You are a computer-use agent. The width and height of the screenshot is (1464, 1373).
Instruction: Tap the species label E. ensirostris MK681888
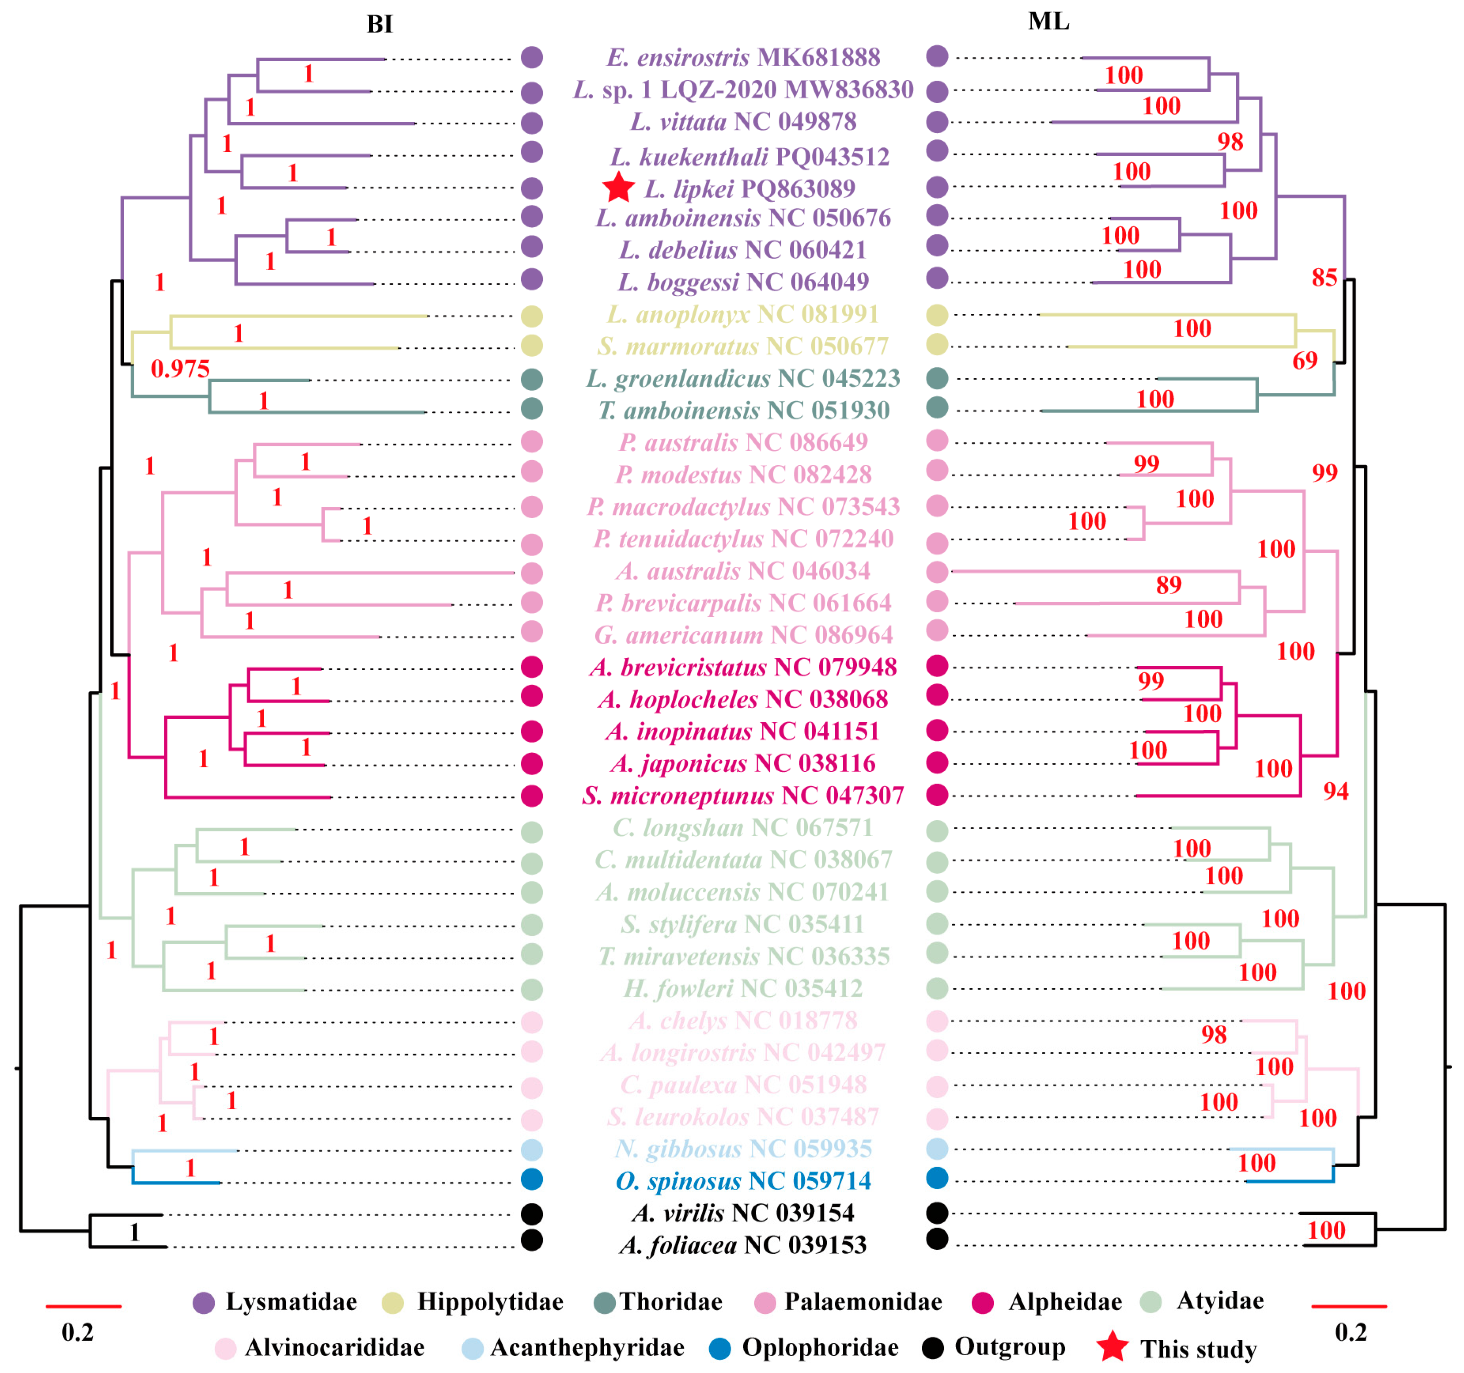[x=743, y=57]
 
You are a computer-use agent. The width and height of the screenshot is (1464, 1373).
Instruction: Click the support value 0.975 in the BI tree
[x=180, y=369]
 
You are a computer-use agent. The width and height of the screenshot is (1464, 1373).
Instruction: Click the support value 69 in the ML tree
[x=1305, y=361]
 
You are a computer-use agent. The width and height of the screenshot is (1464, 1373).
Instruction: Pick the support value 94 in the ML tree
[x=1336, y=791]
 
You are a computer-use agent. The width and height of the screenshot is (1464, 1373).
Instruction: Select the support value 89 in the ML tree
[x=1169, y=585]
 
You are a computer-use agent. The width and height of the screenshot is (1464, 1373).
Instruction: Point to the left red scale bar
[x=83, y=1307]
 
